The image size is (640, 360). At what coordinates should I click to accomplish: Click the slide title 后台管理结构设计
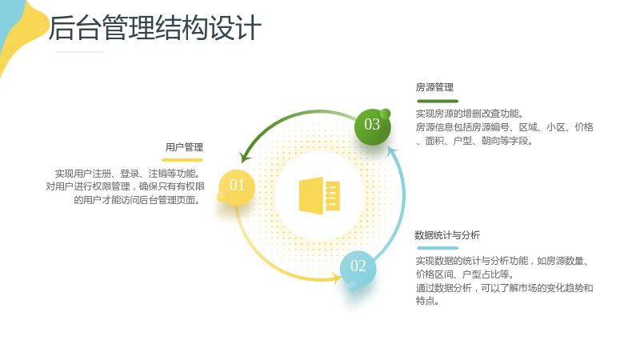155,28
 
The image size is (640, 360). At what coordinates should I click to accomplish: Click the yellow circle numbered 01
237,187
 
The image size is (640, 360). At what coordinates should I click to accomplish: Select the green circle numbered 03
372,126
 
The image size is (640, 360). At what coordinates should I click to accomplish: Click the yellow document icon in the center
319,195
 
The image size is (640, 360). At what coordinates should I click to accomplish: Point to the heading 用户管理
184,147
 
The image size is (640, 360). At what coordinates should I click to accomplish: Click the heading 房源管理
434,87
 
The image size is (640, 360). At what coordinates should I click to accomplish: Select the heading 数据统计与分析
447,234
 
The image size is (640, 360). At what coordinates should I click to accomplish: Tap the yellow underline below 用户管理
182,160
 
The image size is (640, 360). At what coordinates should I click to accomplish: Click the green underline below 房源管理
438,101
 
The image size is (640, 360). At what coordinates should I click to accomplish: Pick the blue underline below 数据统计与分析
438,248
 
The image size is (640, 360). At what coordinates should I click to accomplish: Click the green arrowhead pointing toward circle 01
245,157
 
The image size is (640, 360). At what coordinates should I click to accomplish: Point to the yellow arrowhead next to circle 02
337,279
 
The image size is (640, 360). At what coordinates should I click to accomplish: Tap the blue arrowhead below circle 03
392,151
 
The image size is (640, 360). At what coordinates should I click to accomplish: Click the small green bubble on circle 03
385,114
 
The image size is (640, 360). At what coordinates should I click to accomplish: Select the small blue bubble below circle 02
353,286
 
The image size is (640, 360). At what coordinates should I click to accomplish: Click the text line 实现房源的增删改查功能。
470,114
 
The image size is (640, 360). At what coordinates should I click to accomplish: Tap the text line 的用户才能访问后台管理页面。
137,200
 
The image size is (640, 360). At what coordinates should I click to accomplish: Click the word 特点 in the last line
425,301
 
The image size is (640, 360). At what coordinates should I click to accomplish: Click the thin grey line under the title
79,52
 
